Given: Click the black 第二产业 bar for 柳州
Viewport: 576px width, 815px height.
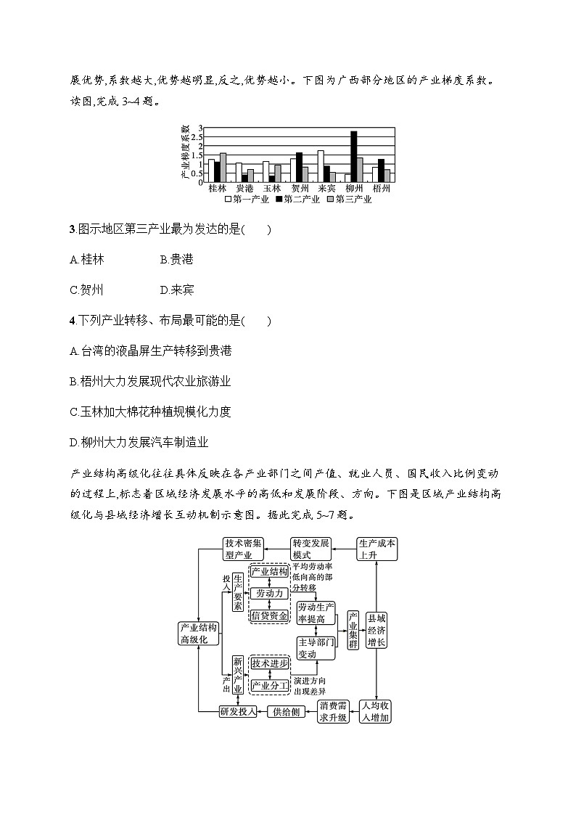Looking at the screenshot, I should pyautogui.click(x=353, y=156).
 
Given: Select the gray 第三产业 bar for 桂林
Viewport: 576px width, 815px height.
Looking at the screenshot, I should pyautogui.click(x=223, y=167).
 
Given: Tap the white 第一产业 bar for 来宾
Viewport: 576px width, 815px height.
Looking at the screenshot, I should pyautogui.click(x=320, y=165).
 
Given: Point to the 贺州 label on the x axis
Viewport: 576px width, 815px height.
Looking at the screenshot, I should pyautogui.click(x=299, y=188).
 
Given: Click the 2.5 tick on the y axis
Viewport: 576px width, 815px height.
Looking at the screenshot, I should pyautogui.click(x=201, y=136).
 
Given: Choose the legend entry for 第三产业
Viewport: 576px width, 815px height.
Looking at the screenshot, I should pyautogui.click(x=349, y=199).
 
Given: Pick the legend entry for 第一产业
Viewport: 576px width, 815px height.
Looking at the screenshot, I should pyautogui.click(x=247, y=199).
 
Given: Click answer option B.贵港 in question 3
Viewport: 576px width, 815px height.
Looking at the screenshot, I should pyautogui.click(x=176, y=259).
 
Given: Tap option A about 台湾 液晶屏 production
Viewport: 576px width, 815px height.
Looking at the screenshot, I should pyautogui.click(x=151, y=351).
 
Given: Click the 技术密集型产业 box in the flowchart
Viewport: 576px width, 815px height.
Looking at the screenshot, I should pyautogui.click(x=244, y=549).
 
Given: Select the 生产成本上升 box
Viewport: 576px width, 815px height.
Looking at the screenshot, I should pyautogui.click(x=377, y=549).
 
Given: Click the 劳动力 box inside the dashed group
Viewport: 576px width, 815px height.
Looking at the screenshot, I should pyautogui.click(x=268, y=593).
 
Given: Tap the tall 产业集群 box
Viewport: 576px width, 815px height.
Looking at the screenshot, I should pyautogui.click(x=353, y=629).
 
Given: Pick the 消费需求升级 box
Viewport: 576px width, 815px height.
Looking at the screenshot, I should pyautogui.click(x=334, y=711).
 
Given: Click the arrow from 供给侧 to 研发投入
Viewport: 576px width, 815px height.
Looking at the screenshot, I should pyautogui.click(x=263, y=711).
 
